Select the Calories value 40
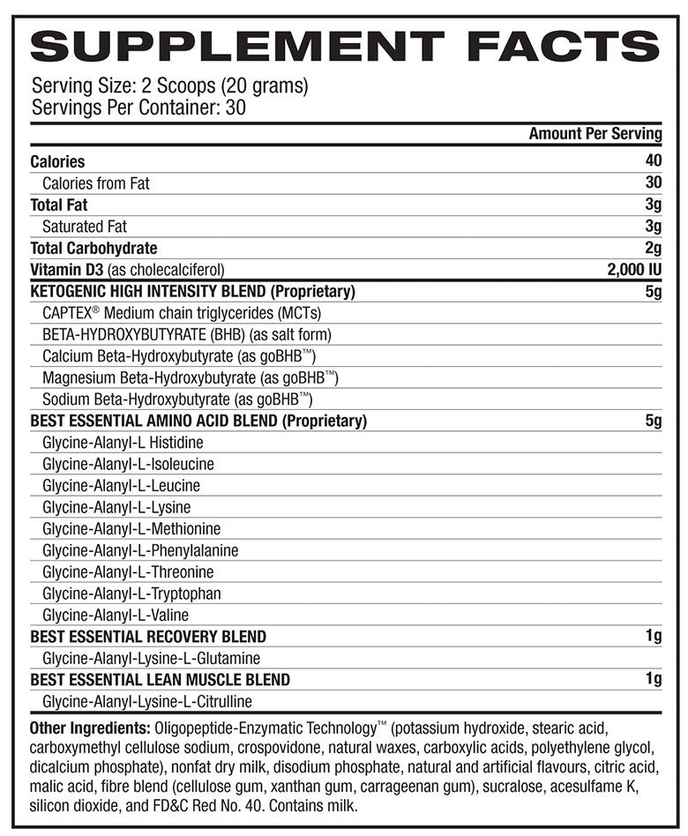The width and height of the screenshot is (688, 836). coord(654,161)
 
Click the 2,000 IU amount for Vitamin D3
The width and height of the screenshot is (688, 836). coord(634,270)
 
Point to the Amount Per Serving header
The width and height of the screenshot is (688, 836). coord(595,134)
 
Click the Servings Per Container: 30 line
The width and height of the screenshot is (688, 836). coord(138,108)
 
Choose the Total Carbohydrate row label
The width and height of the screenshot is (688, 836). coord(93,248)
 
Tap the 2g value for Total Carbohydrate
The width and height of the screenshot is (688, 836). coord(654,248)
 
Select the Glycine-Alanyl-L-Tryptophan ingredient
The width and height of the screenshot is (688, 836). coord(131,593)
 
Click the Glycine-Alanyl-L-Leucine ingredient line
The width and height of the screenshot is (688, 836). coord(121,486)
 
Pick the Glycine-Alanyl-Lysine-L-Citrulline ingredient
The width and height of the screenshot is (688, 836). coord(147,702)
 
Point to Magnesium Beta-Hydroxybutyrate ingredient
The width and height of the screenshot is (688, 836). coord(190,378)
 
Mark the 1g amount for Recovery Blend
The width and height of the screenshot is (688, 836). coord(654,637)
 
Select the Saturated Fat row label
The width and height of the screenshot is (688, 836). coord(85,227)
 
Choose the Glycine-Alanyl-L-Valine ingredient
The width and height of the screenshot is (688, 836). coord(116,616)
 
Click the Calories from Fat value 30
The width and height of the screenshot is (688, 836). coord(654,183)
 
